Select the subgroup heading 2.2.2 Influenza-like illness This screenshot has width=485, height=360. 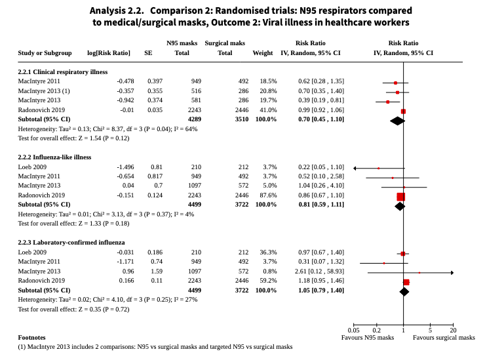54,157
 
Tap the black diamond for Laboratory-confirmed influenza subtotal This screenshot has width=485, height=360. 404,291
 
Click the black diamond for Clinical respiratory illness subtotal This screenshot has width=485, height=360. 397,121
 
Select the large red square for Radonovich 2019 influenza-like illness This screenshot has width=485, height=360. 401,196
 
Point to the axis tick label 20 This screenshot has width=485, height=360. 453,330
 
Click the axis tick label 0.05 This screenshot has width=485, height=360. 354,330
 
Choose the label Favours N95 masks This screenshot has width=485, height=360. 368,338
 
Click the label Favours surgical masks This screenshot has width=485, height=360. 444,338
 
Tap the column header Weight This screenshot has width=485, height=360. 263,52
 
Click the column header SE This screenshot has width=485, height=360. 148,52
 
